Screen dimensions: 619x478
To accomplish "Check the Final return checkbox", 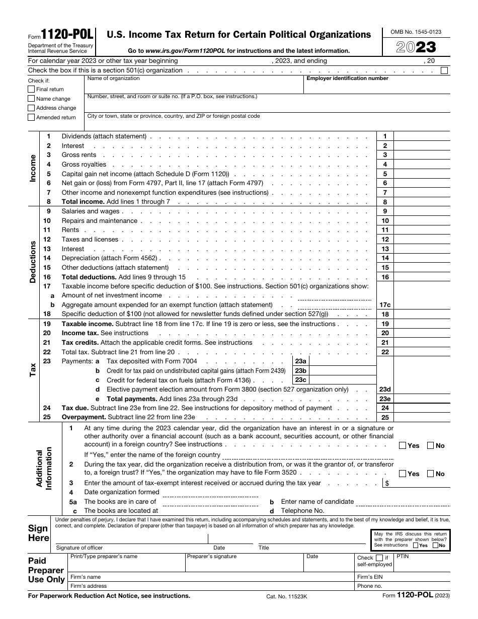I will [x=31, y=89].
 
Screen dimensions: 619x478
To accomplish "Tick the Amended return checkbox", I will [x=31, y=117].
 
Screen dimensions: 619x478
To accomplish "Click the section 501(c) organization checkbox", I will [x=444, y=70].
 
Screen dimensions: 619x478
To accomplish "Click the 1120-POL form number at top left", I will [x=67, y=34].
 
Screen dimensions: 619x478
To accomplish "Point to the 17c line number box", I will [x=385, y=305].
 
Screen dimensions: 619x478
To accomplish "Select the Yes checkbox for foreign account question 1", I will [x=403, y=445].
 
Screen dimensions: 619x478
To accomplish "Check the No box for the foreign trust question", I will [x=431, y=474].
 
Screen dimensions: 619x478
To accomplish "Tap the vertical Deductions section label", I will [x=33, y=262].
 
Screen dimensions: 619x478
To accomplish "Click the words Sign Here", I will [x=38, y=533].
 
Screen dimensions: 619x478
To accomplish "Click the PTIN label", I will [x=403, y=557].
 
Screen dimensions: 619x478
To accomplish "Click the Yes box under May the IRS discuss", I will [x=416, y=545].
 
